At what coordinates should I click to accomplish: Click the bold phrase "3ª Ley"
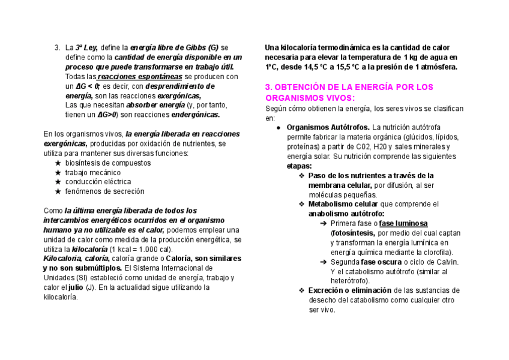click(86, 47)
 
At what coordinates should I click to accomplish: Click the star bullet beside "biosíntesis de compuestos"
click(58, 163)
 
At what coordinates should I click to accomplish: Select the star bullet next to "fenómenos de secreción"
click(58, 191)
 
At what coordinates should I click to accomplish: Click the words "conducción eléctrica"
click(92, 182)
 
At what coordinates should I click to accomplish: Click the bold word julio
click(76, 287)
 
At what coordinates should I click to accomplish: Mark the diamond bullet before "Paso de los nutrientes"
click(301, 176)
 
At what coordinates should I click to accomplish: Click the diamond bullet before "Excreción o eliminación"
click(301, 291)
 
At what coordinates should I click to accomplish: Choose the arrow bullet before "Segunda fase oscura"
click(323, 262)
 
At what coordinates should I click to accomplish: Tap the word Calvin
click(446, 262)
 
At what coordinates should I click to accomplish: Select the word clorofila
click(436, 253)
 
